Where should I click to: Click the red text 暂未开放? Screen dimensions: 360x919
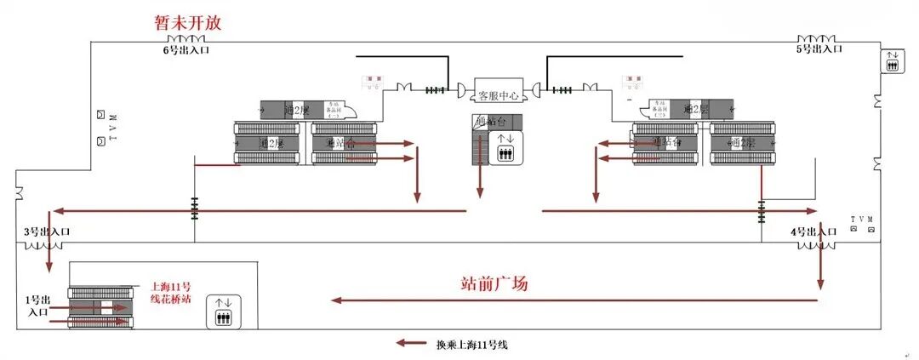point(186,23)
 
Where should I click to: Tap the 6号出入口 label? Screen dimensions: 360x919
point(186,50)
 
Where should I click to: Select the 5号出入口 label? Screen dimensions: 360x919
point(819,49)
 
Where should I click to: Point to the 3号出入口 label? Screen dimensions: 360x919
point(47,231)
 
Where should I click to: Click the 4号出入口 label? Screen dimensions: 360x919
point(814,231)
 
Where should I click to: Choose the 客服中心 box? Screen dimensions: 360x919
point(498,95)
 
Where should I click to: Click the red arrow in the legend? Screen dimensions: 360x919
point(410,344)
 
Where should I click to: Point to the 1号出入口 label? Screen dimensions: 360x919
point(37,306)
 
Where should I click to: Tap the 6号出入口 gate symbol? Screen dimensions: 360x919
point(186,39)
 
